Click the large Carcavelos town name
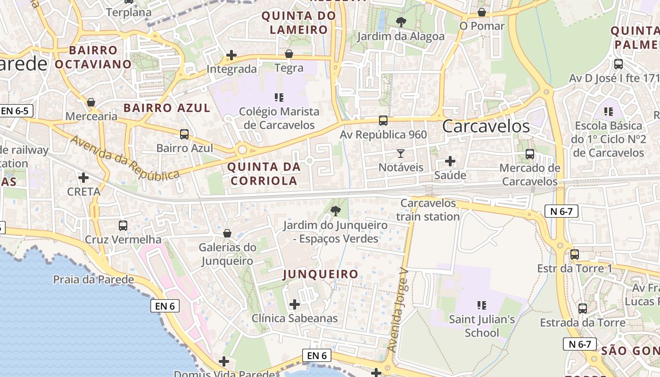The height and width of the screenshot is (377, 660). click(486, 126)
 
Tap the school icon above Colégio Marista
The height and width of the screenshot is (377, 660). click(279, 98)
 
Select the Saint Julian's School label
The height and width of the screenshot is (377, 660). click(481, 326)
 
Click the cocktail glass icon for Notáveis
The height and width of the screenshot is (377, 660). click(401, 153)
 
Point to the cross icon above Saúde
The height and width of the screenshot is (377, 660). click(450, 161)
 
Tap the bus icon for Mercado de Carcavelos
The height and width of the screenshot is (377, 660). click(530, 154)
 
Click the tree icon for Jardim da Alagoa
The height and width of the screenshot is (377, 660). click(401, 22)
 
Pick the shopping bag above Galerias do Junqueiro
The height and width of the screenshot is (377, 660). click(227, 233)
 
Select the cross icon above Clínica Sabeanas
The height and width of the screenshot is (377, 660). click(294, 304)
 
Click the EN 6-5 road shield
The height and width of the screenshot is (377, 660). click(16, 111)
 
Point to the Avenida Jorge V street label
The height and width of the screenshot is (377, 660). click(397, 311)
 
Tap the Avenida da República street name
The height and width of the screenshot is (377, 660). click(125, 158)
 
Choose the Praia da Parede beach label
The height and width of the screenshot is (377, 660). click(93, 279)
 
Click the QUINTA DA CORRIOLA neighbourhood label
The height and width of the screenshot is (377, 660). click(264, 173)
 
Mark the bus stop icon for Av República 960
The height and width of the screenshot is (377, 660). click(383, 121)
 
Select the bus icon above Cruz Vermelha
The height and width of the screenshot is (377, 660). click(123, 225)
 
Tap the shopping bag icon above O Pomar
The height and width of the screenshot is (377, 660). click(482, 12)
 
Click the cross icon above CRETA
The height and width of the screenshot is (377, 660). click(83, 178)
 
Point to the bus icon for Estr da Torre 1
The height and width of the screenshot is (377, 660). click(574, 254)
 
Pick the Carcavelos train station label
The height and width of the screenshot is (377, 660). click(428, 210)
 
